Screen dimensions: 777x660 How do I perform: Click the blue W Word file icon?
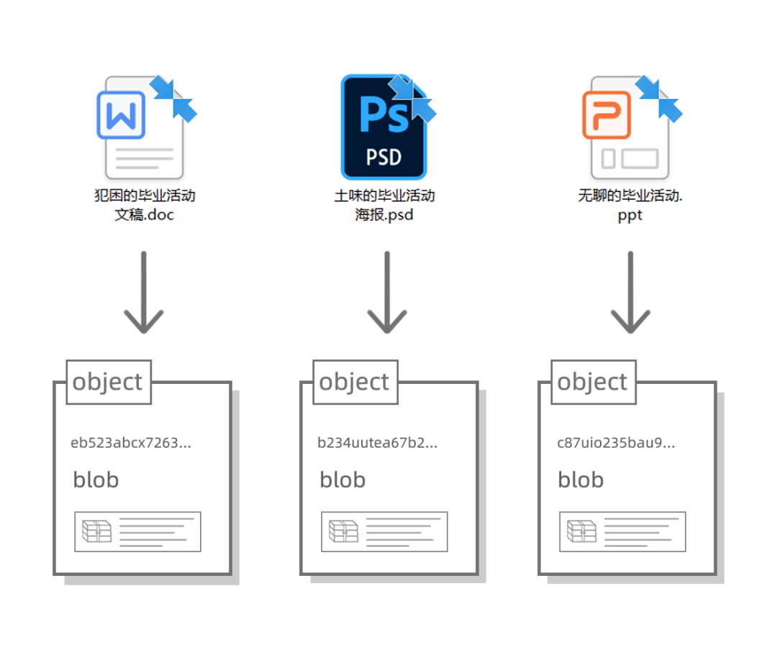click(144, 127)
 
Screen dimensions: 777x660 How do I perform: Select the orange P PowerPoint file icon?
click(630, 127)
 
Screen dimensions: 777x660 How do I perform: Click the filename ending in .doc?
click(145, 205)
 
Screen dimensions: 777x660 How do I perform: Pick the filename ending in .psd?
click(384, 205)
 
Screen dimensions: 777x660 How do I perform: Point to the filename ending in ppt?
click(630, 205)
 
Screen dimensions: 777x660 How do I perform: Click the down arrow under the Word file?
click(144, 292)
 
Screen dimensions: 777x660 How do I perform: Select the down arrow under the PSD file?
click(387, 292)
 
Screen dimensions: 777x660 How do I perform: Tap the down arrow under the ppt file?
click(630, 292)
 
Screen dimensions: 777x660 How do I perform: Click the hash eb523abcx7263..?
click(131, 443)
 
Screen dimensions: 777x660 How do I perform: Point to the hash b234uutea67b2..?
click(378, 443)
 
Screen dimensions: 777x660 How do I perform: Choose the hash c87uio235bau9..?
click(616, 443)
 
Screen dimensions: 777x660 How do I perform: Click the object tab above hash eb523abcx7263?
click(109, 382)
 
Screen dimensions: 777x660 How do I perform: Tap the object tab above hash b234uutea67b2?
click(355, 382)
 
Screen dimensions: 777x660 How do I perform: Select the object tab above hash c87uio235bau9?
click(594, 382)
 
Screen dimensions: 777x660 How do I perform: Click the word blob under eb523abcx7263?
click(96, 480)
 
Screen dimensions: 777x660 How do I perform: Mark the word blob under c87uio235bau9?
click(581, 480)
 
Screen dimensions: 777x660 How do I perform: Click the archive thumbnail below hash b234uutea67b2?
click(384, 532)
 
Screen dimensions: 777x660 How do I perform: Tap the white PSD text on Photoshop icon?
click(383, 157)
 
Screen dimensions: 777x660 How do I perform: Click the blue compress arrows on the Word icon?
click(173, 98)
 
